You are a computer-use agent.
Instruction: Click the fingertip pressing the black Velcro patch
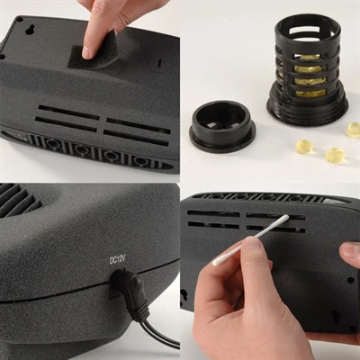click(88, 51)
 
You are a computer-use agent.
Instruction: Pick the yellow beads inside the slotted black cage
click(308, 80)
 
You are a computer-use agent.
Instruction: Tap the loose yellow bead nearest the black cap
click(305, 147)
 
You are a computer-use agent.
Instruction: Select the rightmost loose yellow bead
click(354, 130)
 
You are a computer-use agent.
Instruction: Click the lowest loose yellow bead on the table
click(335, 156)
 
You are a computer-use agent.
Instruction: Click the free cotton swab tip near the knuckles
click(218, 261)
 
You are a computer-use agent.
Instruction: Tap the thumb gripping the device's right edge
click(350, 251)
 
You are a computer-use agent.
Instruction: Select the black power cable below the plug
click(157, 331)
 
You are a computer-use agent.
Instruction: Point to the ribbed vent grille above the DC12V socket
click(19, 199)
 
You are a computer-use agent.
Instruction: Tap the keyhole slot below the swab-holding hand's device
click(336, 316)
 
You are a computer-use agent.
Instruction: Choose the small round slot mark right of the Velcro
click(159, 64)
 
